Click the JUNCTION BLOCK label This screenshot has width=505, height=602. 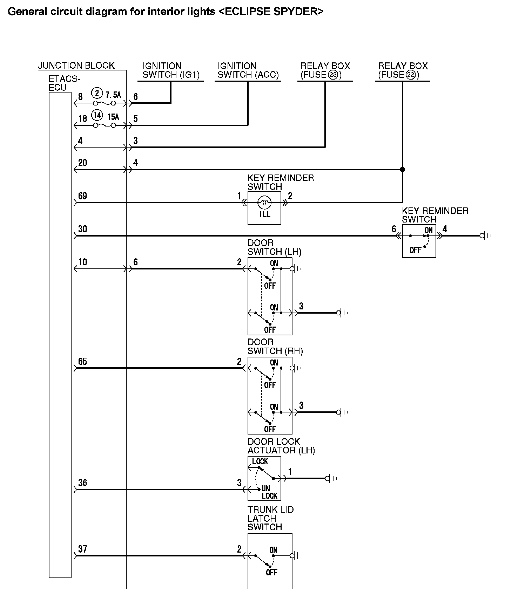[x=76, y=66]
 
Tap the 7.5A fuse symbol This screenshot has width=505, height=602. [x=104, y=103]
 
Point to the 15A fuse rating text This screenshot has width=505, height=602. [x=113, y=117]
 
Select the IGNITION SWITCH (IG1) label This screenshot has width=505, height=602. [x=171, y=70]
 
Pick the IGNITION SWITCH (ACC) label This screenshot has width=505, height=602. [x=248, y=70]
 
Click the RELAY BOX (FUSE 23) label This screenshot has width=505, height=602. [x=325, y=70]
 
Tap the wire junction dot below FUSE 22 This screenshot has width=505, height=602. [x=403, y=170]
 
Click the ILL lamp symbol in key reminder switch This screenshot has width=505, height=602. [x=264, y=203]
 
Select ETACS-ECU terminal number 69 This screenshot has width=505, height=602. [x=82, y=196]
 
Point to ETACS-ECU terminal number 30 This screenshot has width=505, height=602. [x=82, y=229]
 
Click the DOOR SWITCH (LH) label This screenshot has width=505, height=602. [x=274, y=247]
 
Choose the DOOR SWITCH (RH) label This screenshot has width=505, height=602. [x=275, y=347]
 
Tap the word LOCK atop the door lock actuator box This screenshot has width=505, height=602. [x=260, y=461]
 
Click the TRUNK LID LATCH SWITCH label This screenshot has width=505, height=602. [x=270, y=518]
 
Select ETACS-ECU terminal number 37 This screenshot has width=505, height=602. [x=82, y=549]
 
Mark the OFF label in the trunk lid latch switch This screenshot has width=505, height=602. [x=272, y=572]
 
